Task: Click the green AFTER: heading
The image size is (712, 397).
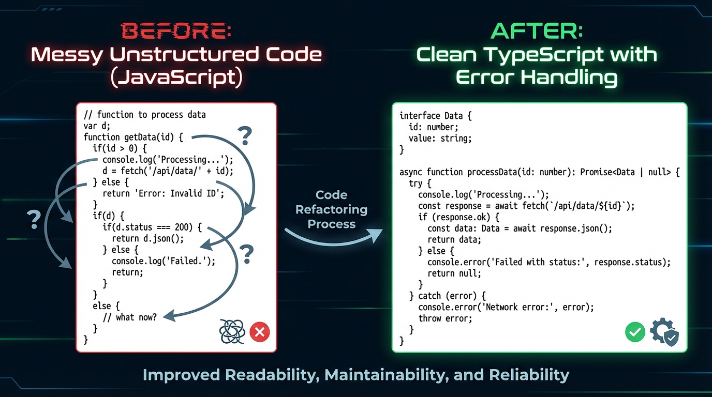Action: tap(537, 31)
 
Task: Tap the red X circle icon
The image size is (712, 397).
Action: tap(260, 332)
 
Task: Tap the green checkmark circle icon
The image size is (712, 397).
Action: tap(635, 332)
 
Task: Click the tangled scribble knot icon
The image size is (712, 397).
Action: tap(232, 331)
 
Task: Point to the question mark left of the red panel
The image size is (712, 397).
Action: tap(34, 219)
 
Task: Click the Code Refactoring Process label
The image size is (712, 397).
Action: tap(331, 209)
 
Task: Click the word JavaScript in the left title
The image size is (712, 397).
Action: tap(176, 78)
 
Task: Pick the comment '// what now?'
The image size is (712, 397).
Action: tap(130, 317)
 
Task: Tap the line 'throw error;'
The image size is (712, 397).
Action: tap(445, 318)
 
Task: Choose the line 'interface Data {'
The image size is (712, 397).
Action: tap(436, 116)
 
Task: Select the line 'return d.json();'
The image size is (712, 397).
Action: tap(147, 239)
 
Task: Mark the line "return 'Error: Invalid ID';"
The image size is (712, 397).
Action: tap(163, 193)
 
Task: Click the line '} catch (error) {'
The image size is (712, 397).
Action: tap(448, 296)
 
